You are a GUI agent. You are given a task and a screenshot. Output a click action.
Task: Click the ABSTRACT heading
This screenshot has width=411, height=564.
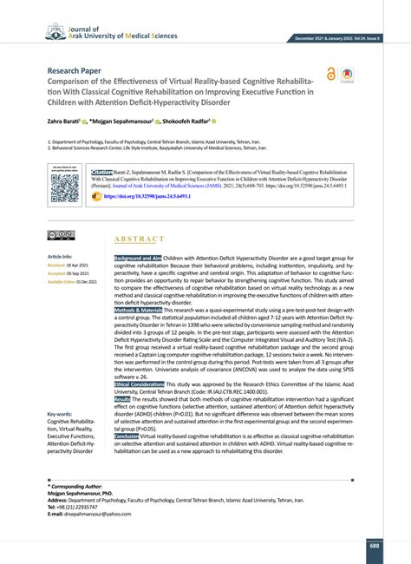point(139,239)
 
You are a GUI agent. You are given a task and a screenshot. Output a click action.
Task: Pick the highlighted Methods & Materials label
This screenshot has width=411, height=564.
point(139,309)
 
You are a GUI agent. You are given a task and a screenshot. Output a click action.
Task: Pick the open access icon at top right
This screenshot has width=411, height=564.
point(332,75)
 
